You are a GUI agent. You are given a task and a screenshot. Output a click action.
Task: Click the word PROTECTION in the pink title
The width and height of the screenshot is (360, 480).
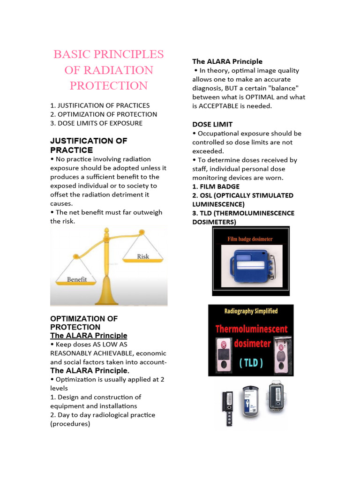coord(108,86)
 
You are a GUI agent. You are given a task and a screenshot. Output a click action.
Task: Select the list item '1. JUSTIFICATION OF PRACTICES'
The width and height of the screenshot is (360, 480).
coord(100,105)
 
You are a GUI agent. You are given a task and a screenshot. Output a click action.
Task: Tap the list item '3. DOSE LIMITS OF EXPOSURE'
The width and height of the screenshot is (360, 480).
coord(96,123)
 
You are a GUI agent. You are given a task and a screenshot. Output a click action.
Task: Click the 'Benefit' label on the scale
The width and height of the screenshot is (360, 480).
coord(77,279)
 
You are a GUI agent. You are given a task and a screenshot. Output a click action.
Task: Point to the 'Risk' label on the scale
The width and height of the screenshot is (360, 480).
coord(143,256)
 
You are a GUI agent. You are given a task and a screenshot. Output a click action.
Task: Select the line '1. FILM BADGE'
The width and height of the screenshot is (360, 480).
coord(216,187)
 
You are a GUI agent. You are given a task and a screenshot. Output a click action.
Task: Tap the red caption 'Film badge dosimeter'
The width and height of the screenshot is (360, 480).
coord(250,239)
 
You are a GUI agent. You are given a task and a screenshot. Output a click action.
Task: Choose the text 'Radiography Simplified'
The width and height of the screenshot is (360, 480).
coord(251,311)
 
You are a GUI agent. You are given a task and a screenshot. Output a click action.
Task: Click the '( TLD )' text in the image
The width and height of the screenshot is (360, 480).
coord(251,362)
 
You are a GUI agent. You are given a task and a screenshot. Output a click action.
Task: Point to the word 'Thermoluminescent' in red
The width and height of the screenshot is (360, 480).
coord(251,329)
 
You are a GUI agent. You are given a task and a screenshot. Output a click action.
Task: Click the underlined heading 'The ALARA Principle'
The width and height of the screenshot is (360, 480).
coord(89,336)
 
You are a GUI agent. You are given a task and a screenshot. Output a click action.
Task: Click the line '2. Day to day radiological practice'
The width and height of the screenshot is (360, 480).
coord(103,415)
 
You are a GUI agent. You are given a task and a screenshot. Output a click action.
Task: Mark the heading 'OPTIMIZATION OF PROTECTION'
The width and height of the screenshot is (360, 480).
coord(84,322)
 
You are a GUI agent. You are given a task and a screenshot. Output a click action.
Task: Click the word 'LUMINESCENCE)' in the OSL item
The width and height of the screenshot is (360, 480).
coord(218,204)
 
